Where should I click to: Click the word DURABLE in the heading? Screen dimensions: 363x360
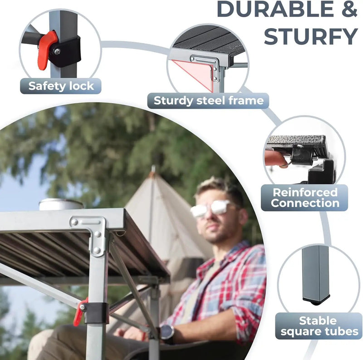pos(275,9)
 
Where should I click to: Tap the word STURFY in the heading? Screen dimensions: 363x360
pos(311,36)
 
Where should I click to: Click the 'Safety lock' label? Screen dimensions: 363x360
pos(61,86)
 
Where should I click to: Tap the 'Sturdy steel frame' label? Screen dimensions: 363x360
pos(208,101)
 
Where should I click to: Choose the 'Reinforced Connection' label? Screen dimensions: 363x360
pos(304,197)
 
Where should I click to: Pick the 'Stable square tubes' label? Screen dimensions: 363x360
pos(319,326)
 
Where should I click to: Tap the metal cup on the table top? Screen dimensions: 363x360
pos(61,204)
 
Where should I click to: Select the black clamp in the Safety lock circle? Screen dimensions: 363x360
pos(65,52)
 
